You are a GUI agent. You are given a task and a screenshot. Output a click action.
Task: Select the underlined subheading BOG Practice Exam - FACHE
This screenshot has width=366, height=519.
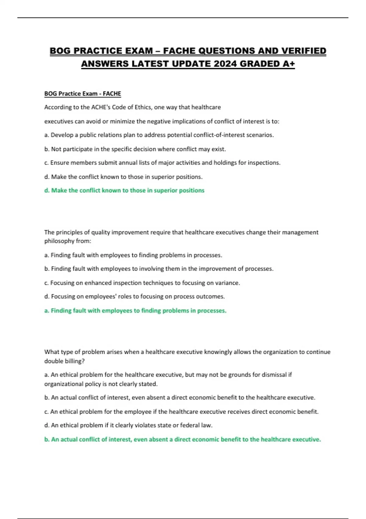pos(83,94)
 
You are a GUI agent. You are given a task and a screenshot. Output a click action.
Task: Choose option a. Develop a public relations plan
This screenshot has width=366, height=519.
pos(159,135)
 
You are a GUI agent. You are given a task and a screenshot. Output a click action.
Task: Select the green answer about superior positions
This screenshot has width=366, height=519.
pos(124,191)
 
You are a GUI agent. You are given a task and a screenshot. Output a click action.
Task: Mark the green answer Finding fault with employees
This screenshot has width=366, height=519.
pos(135,310)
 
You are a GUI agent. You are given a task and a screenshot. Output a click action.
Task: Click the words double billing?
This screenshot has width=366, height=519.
pos(64,361)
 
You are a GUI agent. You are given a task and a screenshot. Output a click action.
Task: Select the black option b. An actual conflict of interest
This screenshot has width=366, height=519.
pos(180,397)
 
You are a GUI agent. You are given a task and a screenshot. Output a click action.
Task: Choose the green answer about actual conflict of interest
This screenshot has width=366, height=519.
pos(182,439)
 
